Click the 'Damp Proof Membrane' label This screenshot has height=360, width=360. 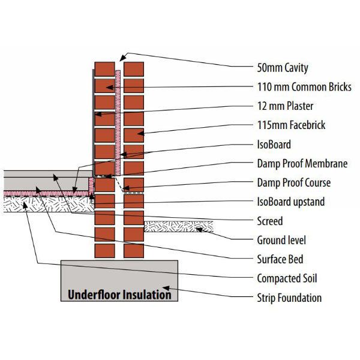[x=293, y=164]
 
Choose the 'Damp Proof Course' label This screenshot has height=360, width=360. [x=285, y=182]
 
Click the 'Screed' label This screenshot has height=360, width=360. [x=269, y=221]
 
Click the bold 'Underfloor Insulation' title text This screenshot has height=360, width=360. [x=119, y=295]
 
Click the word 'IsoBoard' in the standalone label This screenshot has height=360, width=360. [x=274, y=145]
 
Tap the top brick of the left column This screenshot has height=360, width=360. [x=105, y=69]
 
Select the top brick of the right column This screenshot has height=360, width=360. [x=134, y=69]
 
